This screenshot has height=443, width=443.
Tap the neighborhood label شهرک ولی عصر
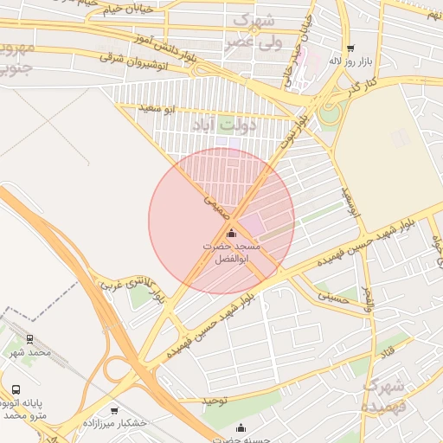coord(254,29)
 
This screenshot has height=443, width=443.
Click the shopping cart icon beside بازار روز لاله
coord(350,48)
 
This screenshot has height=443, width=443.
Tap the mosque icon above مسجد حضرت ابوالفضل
coord(230,234)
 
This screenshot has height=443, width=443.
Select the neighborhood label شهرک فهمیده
coord(384,395)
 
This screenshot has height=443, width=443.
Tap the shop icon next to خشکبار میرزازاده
coord(114,410)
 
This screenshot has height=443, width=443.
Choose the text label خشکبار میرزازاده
coord(115,423)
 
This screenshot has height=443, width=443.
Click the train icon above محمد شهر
coord(30,339)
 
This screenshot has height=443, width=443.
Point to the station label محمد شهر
coord(31,352)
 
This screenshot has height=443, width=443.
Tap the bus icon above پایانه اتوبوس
coord(16,389)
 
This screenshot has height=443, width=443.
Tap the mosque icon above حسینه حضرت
coord(241,427)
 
